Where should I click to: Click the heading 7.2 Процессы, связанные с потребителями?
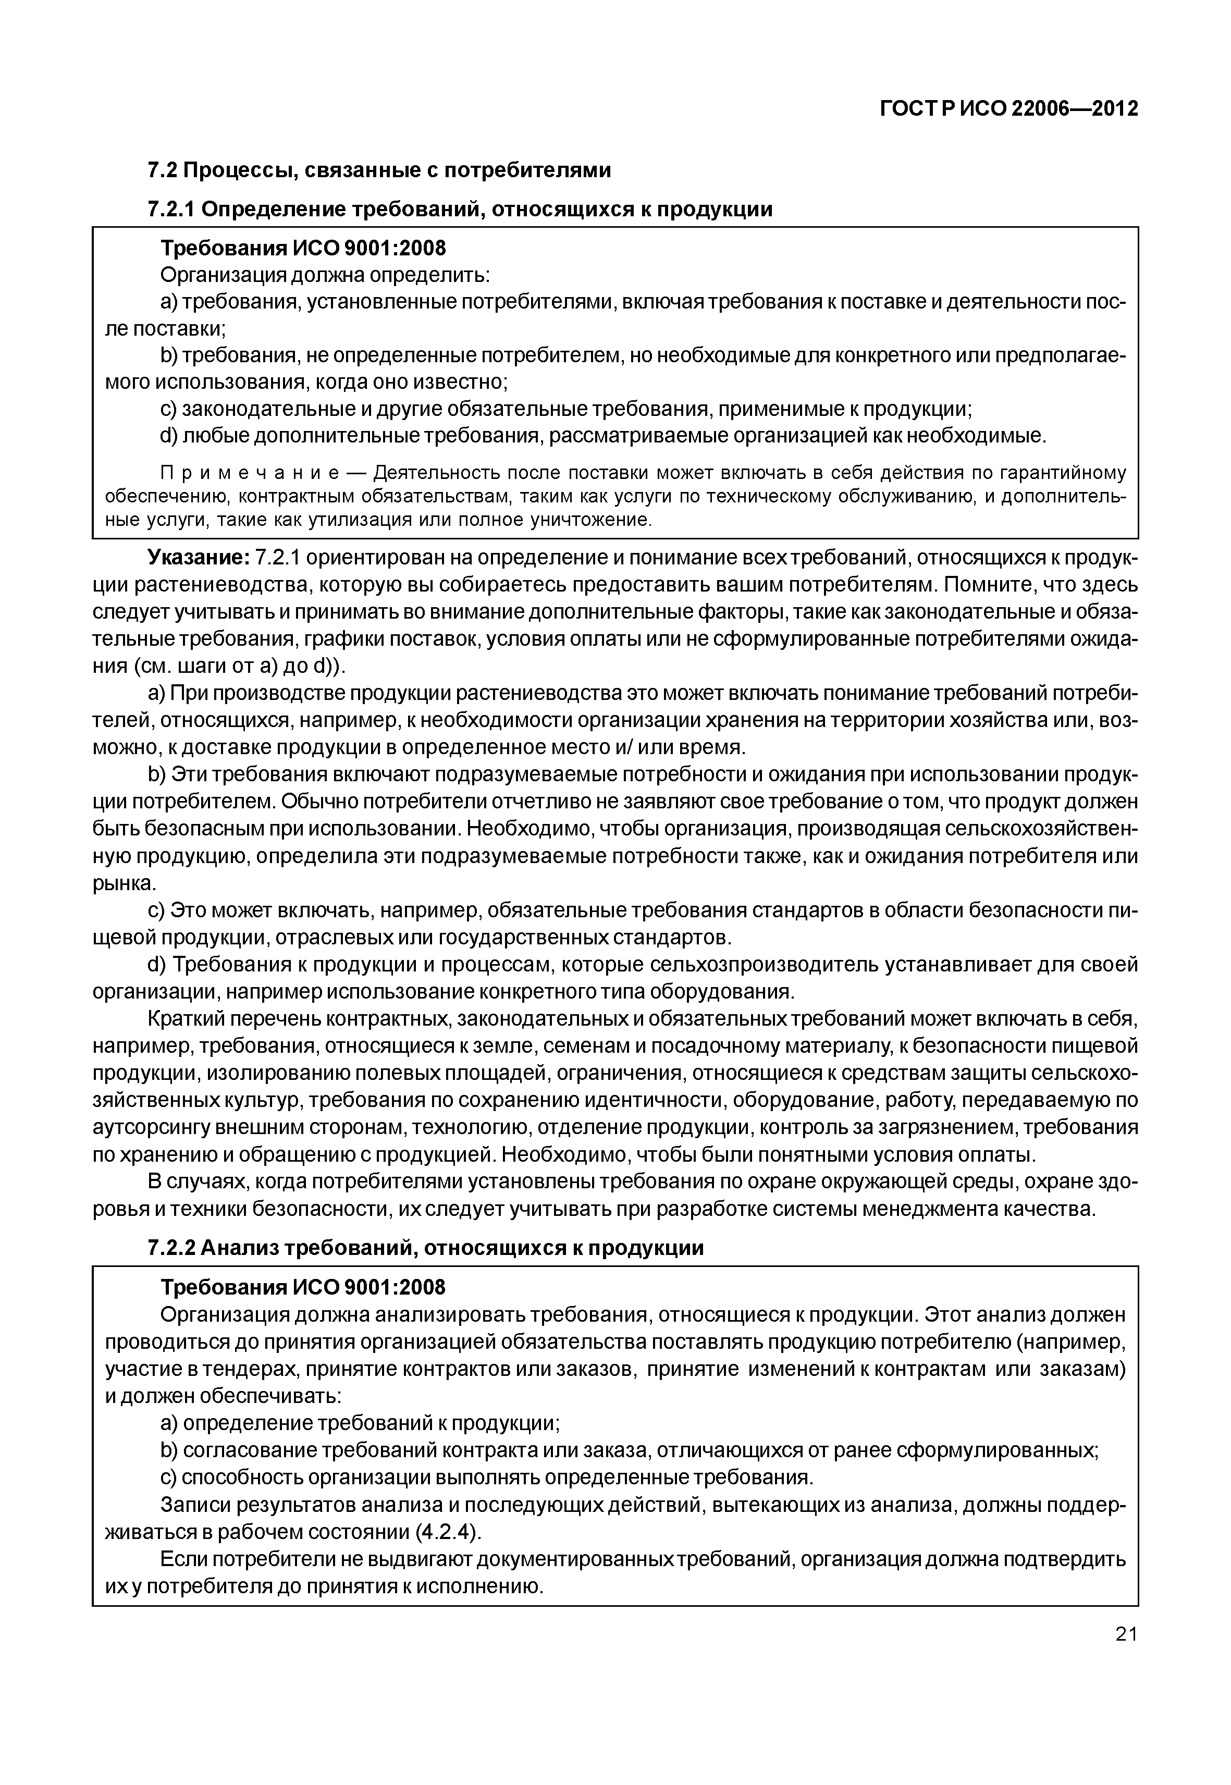(379, 170)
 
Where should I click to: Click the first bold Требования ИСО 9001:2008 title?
(302, 249)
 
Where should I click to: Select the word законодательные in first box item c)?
(261, 410)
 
